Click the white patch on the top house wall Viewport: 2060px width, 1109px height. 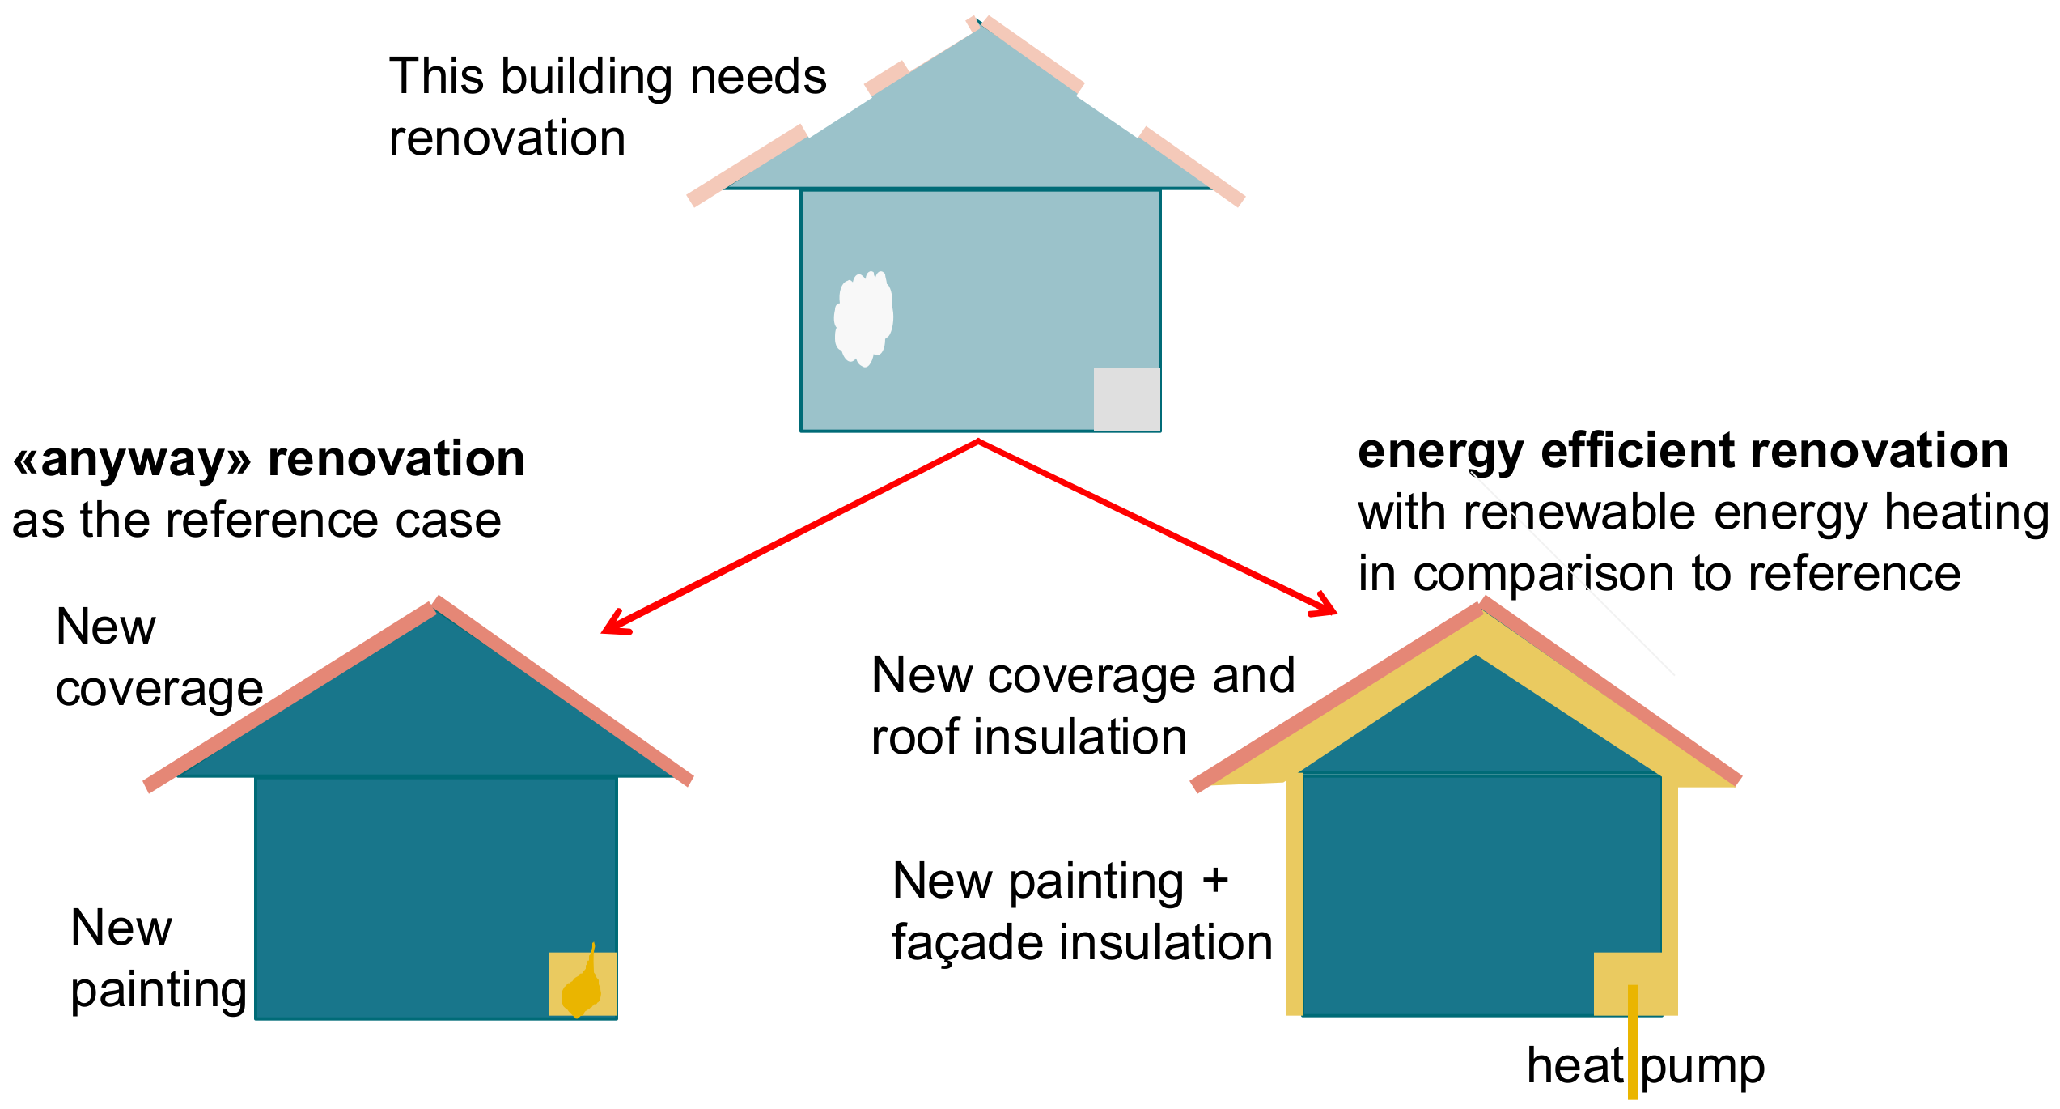tap(863, 318)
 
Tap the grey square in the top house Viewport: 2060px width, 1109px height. tap(1126, 399)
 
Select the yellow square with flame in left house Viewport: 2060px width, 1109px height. tap(582, 984)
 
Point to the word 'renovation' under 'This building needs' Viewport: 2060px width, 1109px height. tap(507, 138)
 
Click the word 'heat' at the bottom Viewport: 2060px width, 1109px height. tap(1575, 1066)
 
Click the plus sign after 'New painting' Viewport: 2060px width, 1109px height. tap(1214, 881)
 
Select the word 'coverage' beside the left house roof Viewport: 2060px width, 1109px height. tap(159, 690)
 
